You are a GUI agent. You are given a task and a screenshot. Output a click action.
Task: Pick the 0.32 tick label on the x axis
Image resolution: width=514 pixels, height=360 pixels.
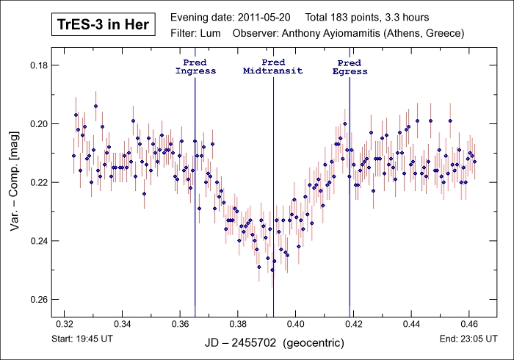pos(65,323)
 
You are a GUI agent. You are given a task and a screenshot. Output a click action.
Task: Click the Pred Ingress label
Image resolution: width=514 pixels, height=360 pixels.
pos(195,67)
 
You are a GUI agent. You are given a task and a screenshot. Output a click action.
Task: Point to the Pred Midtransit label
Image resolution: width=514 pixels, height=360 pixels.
pos(273,67)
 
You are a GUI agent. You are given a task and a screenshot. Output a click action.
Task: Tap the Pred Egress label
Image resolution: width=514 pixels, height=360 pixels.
pos(350,67)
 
